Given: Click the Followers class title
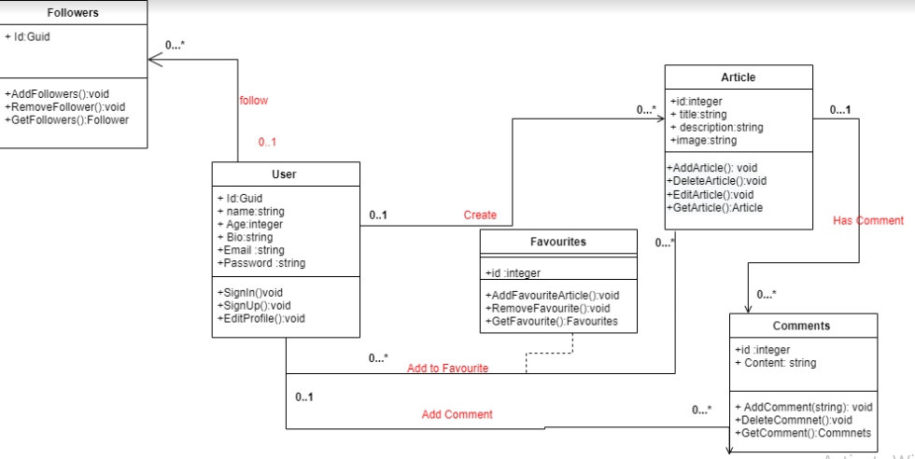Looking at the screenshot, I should click(x=73, y=13).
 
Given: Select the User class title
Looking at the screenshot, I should click(x=285, y=174).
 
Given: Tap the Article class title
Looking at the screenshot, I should click(x=738, y=77).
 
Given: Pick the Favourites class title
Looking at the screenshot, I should click(x=558, y=241).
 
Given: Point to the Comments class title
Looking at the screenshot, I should click(x=803, y=326).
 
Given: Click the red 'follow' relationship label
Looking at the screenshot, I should click(x=253, y=100).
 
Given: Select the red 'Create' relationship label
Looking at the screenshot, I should click(x=480, y=216).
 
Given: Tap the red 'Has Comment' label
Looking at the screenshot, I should click(x=868, y=221).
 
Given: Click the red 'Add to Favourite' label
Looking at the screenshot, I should click(x=447, y=369).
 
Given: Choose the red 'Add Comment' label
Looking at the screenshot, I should click(x=457, y=414).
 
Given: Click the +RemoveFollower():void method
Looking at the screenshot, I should click(x=64, y=107).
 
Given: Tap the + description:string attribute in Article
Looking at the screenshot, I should click(x=716, y=128).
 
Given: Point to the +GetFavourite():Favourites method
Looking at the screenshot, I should click(x=551, y=322).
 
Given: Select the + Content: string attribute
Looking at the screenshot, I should click(x=776, y=363).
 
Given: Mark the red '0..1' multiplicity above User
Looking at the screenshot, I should click(x=268, y=143).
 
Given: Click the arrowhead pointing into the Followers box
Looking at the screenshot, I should click(x=151, y=59).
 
